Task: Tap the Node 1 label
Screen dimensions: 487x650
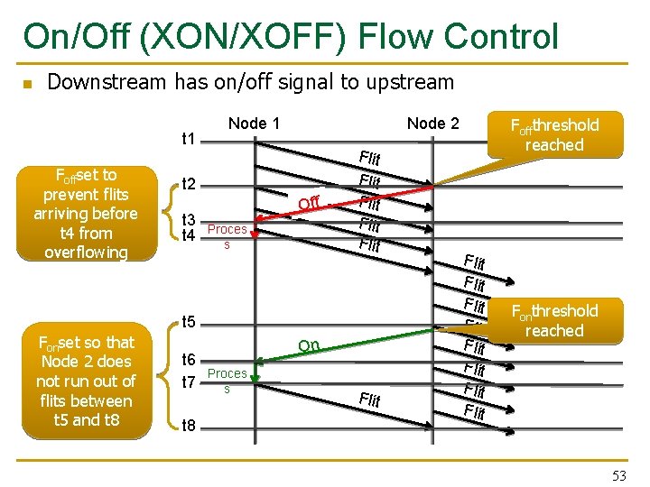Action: tap(254, 124)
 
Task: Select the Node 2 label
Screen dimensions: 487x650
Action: tap(432, 124)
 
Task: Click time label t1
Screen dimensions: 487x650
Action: tap(190, 139)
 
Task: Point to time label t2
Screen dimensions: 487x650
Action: tap(190, 185)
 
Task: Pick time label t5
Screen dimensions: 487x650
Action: tap(190, 322)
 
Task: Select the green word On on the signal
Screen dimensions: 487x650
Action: tap(309, 345)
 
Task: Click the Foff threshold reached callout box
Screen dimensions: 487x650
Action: tap(554, 134)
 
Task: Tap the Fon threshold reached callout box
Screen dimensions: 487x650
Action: tap(554, 320)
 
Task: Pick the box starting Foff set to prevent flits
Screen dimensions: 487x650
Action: tap(86, 214)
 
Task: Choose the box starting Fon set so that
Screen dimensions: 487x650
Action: tap(86, 381)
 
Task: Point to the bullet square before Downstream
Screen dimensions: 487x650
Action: tap(27, 85)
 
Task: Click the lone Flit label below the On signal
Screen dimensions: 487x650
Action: tap(369, 400)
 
